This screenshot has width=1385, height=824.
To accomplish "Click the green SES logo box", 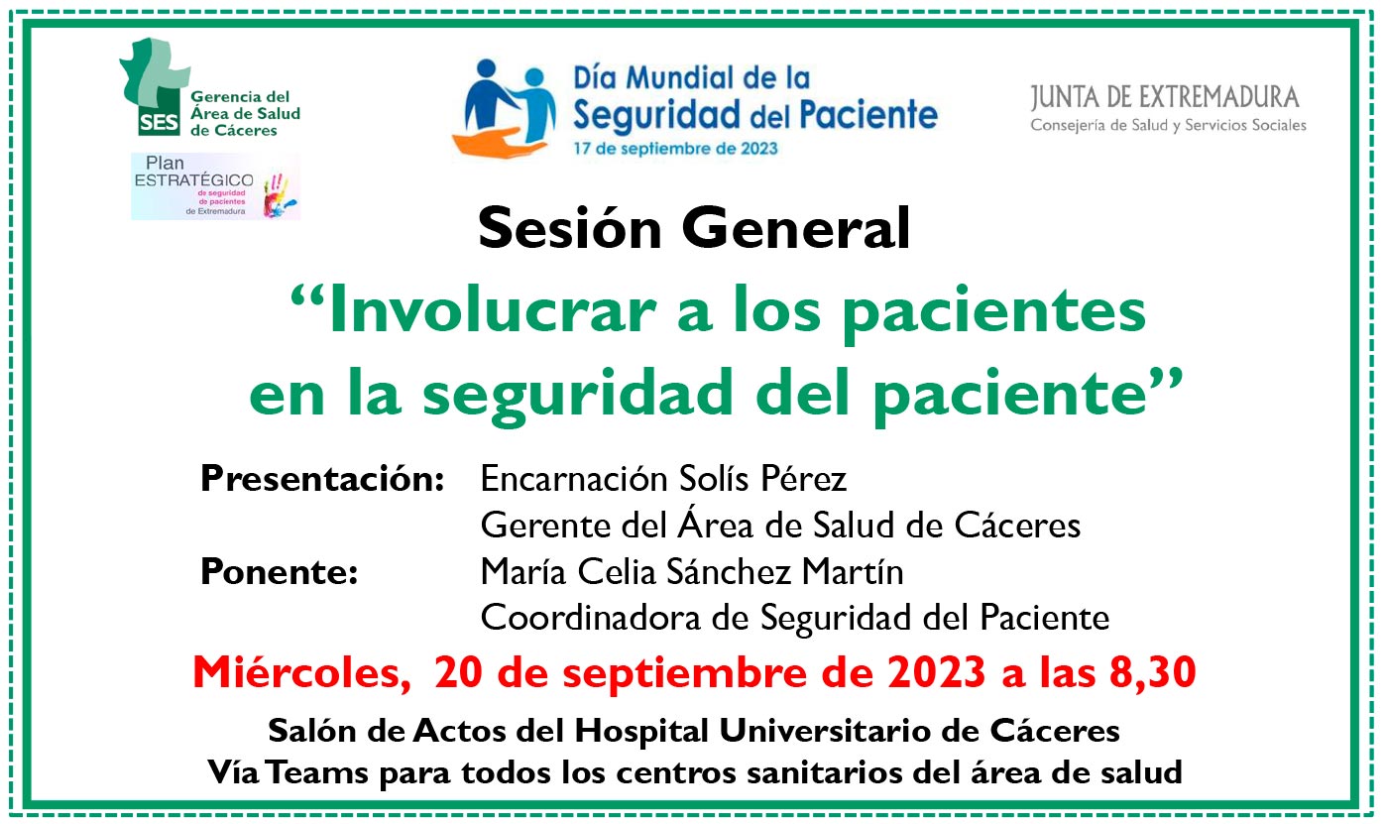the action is [159, 123].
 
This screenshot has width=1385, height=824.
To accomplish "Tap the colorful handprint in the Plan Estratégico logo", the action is [279, 195].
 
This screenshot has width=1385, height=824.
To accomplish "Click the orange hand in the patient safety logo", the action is [500, 143].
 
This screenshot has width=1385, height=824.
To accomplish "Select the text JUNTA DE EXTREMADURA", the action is [1164, 98].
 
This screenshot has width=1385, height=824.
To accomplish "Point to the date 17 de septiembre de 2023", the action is [675, 149].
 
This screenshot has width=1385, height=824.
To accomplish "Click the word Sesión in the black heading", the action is [569, 228].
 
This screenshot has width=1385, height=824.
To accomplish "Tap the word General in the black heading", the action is [796, 228].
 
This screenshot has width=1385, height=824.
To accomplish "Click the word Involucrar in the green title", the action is [492, 310].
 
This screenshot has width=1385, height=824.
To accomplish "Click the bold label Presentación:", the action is [322, 478].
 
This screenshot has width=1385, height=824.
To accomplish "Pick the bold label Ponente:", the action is [279, 571].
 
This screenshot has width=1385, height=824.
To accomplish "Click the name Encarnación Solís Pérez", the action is [663, 478].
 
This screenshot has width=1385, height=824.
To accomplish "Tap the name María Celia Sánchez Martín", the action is [692, 571].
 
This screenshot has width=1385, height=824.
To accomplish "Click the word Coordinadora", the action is [590, 618].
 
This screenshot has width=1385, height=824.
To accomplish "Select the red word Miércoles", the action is [301, 672].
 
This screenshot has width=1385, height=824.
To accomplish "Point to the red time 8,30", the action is [1152, 672].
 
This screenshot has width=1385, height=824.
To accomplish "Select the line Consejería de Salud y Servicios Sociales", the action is [1168, 126].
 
